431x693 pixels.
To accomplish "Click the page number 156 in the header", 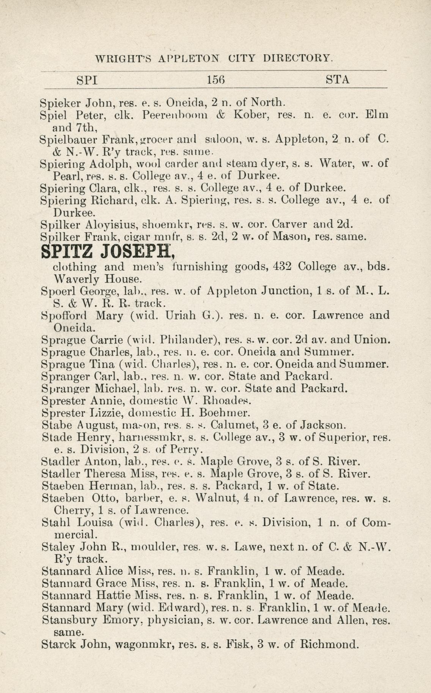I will [x=216, y=80].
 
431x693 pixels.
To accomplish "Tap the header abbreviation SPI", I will [x=87, y=80].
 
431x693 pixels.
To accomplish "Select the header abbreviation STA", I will [x=338, y=80].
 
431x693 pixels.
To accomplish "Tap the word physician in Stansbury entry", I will [x=172, y=620].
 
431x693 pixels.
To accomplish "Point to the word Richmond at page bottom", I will [x=329, y=644].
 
